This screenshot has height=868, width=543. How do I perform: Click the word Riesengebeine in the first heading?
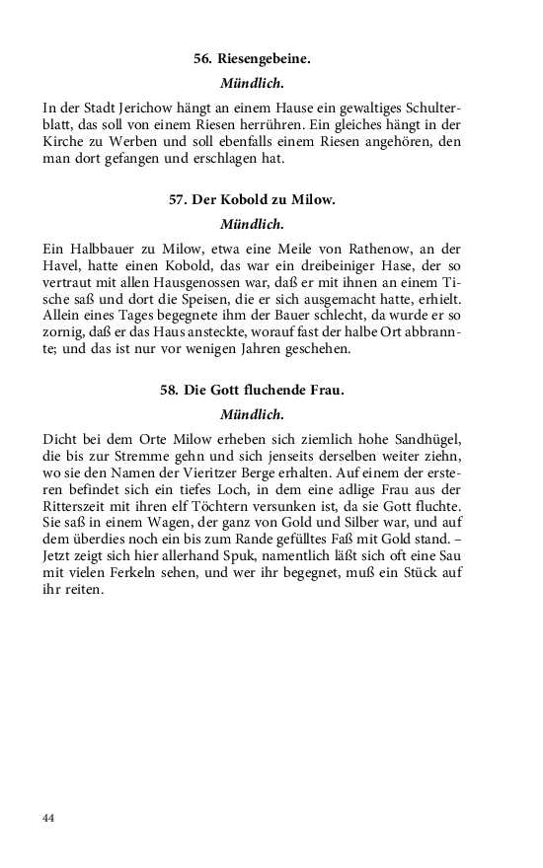[x=263, y=59]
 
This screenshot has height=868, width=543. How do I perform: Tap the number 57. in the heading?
[x=179, y=199]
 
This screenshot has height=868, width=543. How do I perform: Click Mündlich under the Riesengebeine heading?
[x=252, y=83]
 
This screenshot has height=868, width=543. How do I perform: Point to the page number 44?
[x=49, y=819]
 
